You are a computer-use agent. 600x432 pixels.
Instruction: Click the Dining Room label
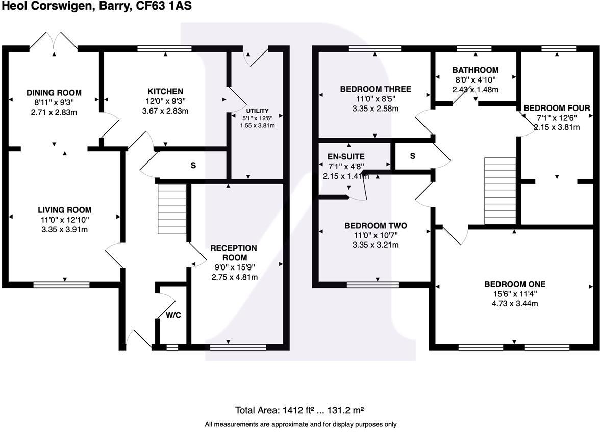tap(54, 93)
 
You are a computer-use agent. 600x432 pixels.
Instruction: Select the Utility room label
tap(257, 111)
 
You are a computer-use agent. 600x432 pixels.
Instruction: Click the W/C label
tap(173, 315)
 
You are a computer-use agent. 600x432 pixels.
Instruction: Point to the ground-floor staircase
tap(171, 209)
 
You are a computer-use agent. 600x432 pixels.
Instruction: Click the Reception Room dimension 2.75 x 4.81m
tap(234, 277)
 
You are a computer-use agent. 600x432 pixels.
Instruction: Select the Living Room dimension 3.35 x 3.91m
tap(64, 229)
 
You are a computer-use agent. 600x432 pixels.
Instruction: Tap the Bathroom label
tap(475, 70)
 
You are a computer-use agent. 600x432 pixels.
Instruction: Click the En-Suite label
tap(346, 157)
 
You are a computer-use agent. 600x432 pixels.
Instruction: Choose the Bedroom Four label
tap(557, 108)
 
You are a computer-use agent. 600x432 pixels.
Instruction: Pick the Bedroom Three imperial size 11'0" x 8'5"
tap(375, 99)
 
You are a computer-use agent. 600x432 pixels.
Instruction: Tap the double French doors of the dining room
tap(54, 41)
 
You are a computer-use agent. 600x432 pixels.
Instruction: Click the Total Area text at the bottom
tap(299, 410)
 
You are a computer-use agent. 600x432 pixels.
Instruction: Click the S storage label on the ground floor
tap(193, 166)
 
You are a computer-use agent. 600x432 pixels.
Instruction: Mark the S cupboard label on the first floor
tap(412, 156)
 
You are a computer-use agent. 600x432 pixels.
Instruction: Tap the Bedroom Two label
tap(376, 225)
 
